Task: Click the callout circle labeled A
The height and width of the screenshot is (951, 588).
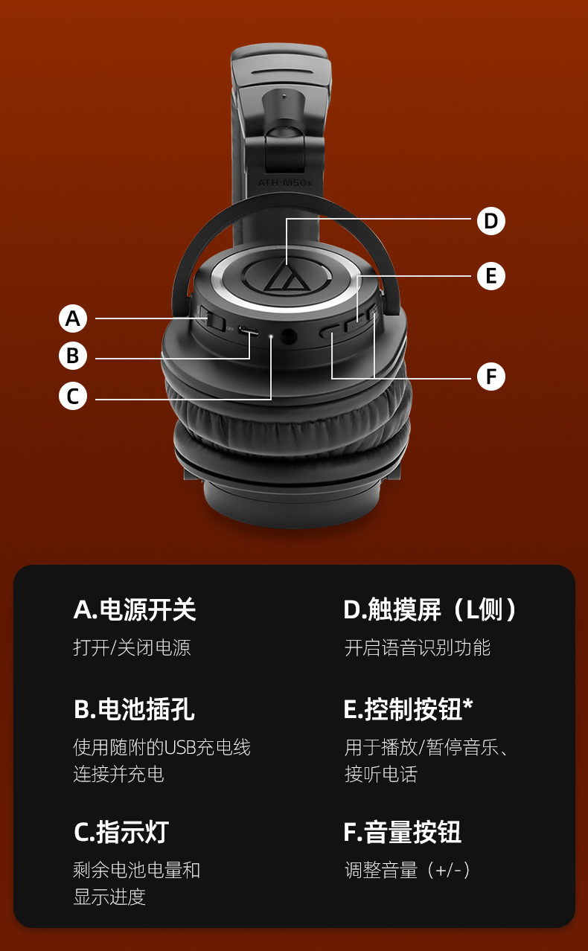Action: tap(73, 318)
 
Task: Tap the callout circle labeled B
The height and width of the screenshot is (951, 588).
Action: tap(73, 356)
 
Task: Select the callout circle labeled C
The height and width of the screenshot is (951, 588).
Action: tap(73, 396)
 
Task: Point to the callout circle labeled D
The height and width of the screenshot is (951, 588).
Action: tap(490, 221)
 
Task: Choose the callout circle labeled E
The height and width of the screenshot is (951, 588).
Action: tap(490, 276)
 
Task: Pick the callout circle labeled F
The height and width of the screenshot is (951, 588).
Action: tap(490, 376)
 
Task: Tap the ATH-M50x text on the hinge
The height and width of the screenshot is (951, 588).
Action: tap(285, 183)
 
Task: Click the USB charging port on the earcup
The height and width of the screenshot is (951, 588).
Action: tap(249, 330)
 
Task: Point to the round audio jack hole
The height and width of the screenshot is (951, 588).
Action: tap(289, 336)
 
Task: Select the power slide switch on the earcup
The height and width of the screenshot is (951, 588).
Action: tap(212, 320)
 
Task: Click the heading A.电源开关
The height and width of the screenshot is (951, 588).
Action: tap(135, 609)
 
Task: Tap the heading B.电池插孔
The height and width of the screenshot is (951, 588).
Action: tap(134, 709)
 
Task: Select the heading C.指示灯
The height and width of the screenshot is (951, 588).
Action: tap(121, 832)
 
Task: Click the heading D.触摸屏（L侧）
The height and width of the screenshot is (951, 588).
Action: tap(430, 609)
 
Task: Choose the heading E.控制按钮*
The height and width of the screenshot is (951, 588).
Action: tap(409, 709)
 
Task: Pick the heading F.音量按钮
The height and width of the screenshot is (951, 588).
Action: tap(403, 832)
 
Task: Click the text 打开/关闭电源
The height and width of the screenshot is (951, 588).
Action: tap(132, 648)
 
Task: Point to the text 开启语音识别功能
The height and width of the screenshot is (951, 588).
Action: tap(418, 648)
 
